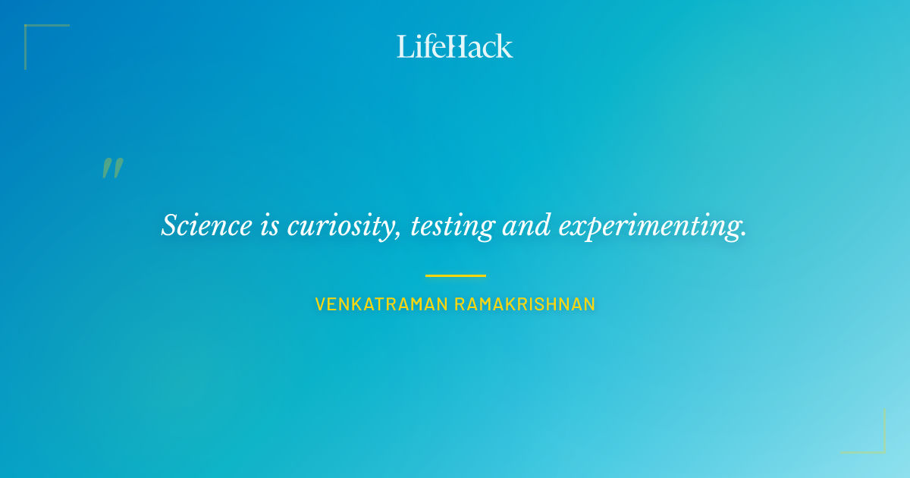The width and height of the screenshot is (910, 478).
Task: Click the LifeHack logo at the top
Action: point(455,46)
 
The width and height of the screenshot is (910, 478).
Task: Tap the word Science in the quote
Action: point(206,226)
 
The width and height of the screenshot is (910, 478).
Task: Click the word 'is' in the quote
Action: point(270,226)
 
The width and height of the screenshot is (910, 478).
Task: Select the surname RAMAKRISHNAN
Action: point(525,304)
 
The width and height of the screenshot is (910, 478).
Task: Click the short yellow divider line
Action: point(455,275)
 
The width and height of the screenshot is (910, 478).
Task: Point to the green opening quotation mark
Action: point(112,168)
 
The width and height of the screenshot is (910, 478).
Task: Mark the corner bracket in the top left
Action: point(30,30)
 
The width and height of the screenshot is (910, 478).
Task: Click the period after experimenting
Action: point(743,234)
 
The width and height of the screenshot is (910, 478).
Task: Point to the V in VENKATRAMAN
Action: point(321,304)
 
